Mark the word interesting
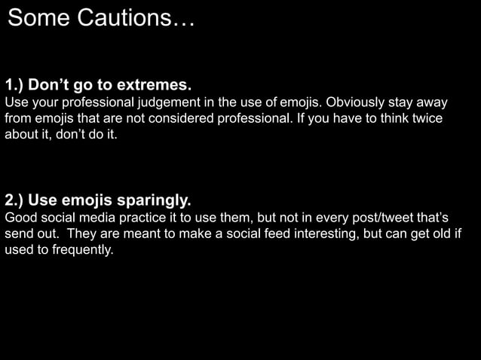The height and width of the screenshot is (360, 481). click(x=320, y=234)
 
